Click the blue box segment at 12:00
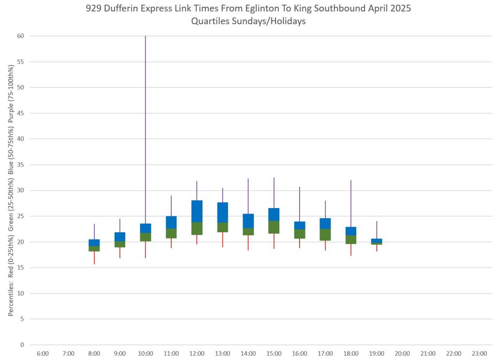point(197,211)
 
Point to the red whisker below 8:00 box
point(94,257)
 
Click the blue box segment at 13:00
point(222,212)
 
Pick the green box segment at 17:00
point(325,235)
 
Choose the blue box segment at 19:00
point(377,240)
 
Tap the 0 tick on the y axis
point(21,345)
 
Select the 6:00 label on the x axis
point(43,354)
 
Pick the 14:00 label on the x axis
point(248,354)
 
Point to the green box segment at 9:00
point(120,244)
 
